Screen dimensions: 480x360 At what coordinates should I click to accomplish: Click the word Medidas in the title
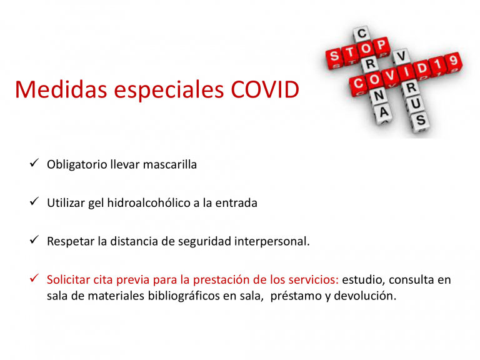(61, 90)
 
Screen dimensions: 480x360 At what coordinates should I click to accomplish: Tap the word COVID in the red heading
(265, 90)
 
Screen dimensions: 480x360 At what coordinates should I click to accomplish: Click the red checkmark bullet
(34, 278)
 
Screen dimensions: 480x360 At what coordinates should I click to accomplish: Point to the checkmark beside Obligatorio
(34, 163)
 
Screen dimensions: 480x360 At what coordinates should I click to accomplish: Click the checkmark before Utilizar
(34, 201)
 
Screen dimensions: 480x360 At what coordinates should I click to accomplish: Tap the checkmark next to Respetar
(34, 240)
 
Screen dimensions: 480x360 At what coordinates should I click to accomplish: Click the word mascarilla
(169, 164)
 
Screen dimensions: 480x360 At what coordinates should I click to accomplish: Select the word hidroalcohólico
(149, 203)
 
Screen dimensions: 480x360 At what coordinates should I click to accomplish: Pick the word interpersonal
(272, 241)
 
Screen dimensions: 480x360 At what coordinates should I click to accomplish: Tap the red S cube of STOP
(334, 57)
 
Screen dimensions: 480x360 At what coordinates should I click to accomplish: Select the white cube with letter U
(416, 104)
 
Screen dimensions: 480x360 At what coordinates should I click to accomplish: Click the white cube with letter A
(384, 112)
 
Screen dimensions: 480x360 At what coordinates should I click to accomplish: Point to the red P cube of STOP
(381, 46)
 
